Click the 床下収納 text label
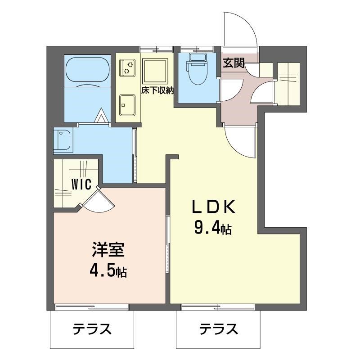pyautogui.click(x=158, y=90)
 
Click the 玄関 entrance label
pyautogui.click(x=233, y=63)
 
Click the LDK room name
pyautogui.click(x=214, y=207)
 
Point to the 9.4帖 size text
pyautogui.click(x=212, y=229)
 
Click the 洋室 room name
pyautogui.click(x=108, y=250)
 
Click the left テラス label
pyautogui.click(x=92, y=330)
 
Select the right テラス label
pyautogui.click(x=219, y=330)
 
